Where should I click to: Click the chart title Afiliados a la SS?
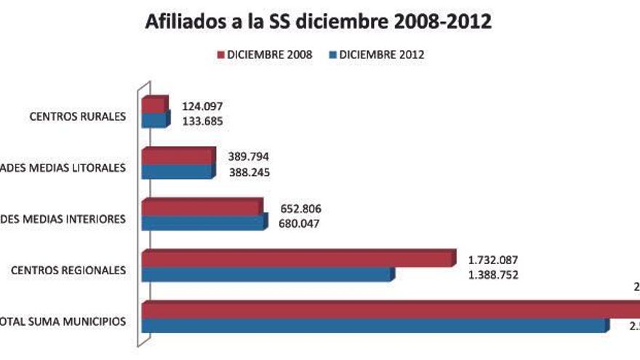pyautogui.click(x=319, y=22)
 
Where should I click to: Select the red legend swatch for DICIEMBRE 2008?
pyautogui.click(x=220, y=55)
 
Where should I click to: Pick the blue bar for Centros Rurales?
pyautogui.click(x=154, y=121)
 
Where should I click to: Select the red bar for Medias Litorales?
pyautogui.click(x=177, y=156)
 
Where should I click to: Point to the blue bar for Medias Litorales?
pyautogui.click(x=177, y=172)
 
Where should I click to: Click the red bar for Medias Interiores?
pyautogui.click(x=201, y=208)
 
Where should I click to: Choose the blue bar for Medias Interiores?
pyautogui.click(x=204, y=223)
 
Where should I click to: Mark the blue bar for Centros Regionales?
pyautogui.click(x=266, y=274)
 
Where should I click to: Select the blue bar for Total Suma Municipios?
pyautogui.click(x=374, y=325)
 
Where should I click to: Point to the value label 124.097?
pyautogui.click(x=203, y=106)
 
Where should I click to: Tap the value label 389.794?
pyautogui.click(x=250, y=156)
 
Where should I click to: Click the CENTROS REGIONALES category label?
pyautogui.click(x=68, y=271)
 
